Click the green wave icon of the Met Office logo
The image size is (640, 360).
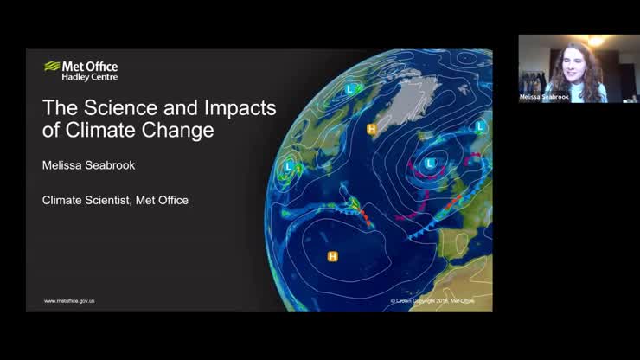tap(52, 66)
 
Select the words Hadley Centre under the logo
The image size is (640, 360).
tap(89, 77)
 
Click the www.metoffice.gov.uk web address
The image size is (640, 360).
tap(69, 300)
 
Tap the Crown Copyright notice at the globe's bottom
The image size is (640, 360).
tap(432, 300)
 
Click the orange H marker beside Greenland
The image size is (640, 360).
tap(372, 130)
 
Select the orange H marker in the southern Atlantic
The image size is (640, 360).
tap(332, 256)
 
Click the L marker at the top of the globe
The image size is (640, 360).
tap(350, 89)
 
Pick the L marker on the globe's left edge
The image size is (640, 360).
tap(288, 164)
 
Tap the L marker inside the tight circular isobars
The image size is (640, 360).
tap(430, 162)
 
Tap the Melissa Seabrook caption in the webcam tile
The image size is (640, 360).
tap(544, 98)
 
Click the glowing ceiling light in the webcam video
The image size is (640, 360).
tap(595, 41)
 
